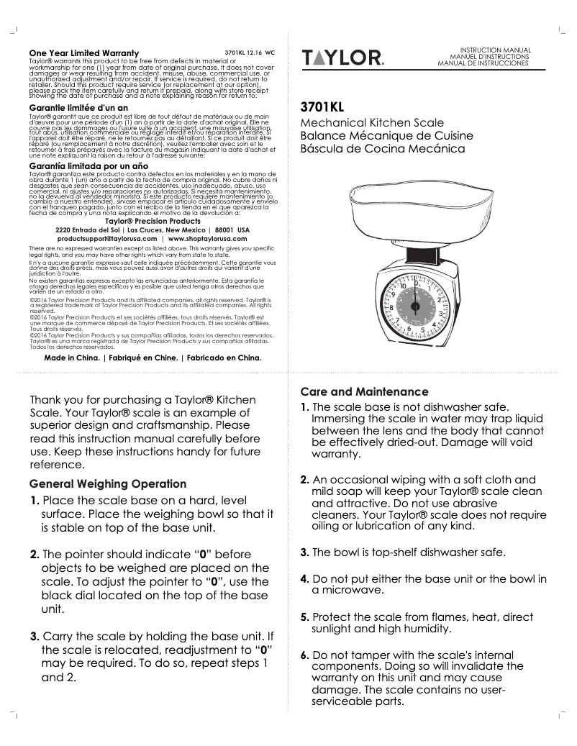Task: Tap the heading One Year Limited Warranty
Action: point(83,53)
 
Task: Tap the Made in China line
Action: point(153,357)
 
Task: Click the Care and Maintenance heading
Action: point(364,392)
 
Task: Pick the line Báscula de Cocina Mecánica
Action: point(382,148)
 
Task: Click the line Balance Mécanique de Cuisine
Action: point(386,135)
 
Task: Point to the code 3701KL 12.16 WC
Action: point(250,53)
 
